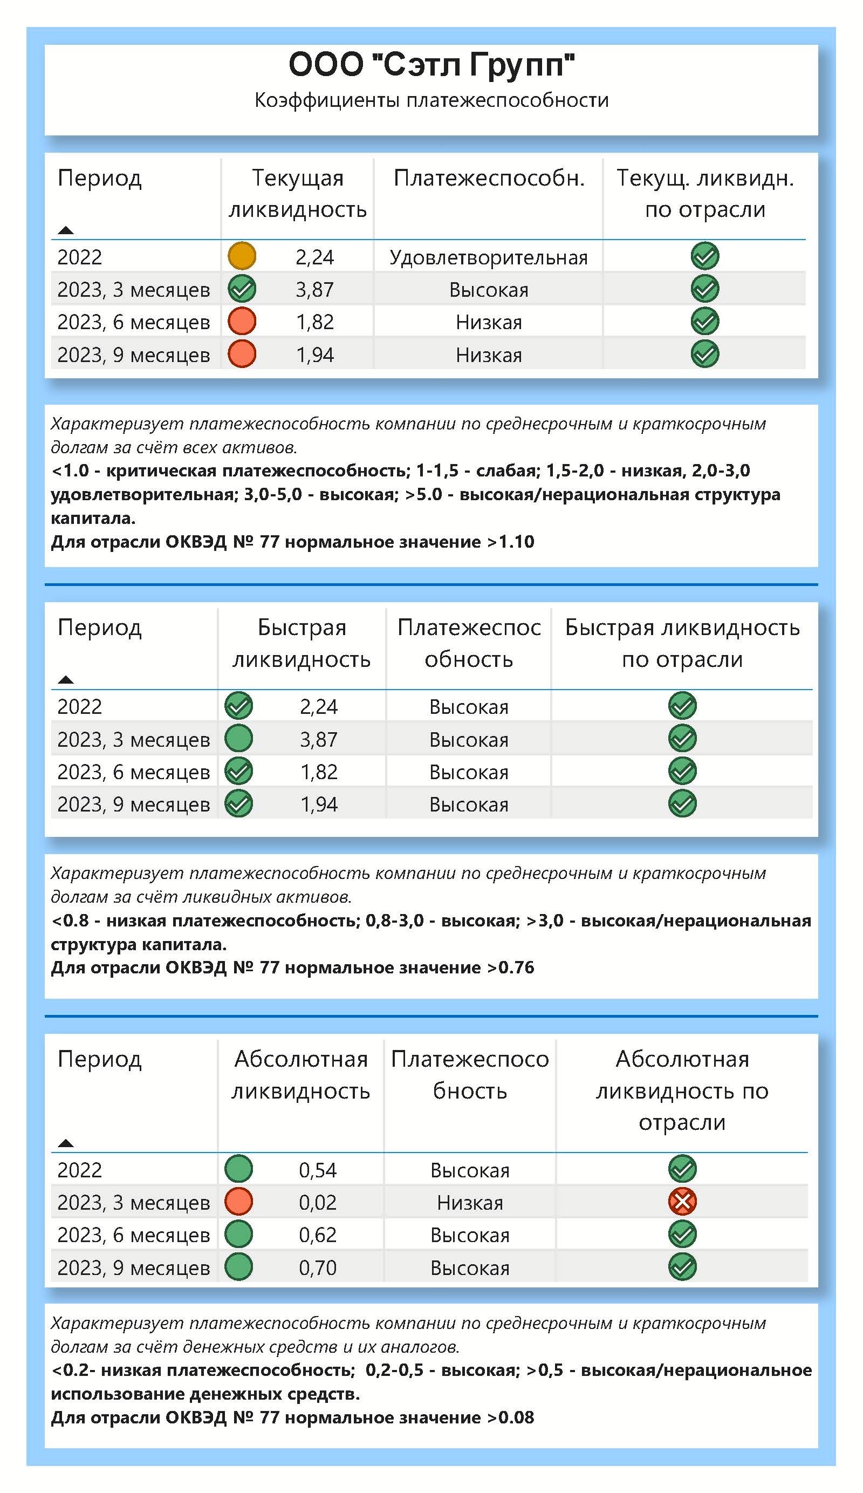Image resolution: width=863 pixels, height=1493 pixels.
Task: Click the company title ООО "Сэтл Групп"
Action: click(x=431, y=65)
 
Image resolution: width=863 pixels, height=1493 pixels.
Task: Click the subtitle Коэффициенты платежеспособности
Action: click(x=431, y=100)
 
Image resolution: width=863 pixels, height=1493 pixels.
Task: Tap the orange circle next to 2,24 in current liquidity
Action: click(x=242, y=256)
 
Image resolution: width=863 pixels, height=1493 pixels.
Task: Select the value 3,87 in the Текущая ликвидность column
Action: click(x=314, y=290)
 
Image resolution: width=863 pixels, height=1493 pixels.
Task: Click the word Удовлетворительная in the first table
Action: click(x=489, y=258)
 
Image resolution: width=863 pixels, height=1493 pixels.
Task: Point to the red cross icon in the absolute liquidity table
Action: click(x=682, y=1202)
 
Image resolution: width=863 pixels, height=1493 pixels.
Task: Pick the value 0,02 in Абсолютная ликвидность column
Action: click(x=318, y=1202)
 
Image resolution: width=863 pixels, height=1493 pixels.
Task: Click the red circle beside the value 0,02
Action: click(x=239, y=1202)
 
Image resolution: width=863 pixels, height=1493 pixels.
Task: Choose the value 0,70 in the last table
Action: click(x=318, y=1267)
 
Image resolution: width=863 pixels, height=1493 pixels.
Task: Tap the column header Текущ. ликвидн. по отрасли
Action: click(x=705, y=193)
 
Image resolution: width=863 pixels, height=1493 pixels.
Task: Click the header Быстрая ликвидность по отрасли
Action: click(x=682, y=643)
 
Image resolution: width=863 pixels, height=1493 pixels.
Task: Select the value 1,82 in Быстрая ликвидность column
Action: click(x=319, y=772)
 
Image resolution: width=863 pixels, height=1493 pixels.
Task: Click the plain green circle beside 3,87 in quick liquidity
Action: click(x=239, y=739)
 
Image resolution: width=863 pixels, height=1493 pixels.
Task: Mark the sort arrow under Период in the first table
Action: click(x=66, y=230)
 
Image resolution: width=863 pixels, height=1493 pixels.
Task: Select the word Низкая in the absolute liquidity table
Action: click(x=470, y=1203)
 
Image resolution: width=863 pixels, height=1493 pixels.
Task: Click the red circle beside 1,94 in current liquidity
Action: click(x=242, y=354)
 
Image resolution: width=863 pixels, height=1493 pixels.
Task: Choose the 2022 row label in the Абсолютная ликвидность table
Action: click(x=79, y=1170)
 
